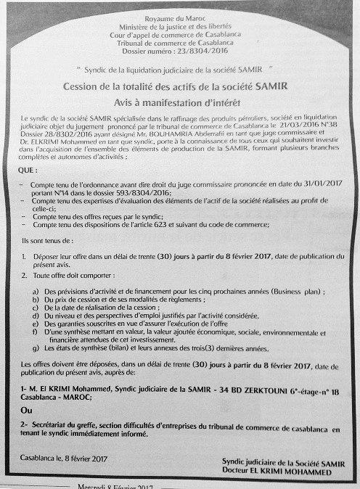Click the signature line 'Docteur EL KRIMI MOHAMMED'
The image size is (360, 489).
[x=289, y=471]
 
